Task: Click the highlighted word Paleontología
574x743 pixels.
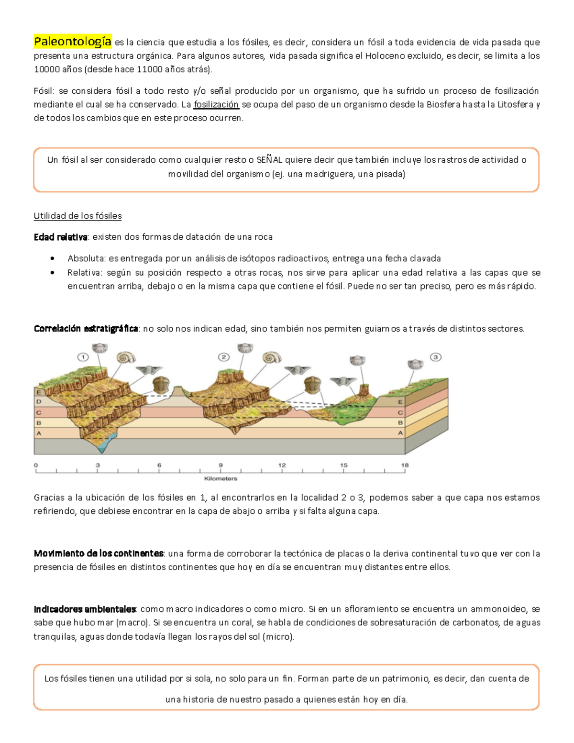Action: [x=73, y=42]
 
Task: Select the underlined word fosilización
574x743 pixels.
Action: [x=216, y=104]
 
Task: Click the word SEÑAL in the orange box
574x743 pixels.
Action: [x=269, y=160]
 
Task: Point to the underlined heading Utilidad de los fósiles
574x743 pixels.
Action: [x=77, y=216]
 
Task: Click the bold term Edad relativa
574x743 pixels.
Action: [x=61, y=237]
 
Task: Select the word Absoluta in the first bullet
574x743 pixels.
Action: [x=86, y=258]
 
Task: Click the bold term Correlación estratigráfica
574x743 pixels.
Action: [x=86, y=329]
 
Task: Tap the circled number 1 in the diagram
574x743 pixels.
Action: [x=83, y=357]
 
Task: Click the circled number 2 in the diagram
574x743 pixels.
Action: [x=223, y=357]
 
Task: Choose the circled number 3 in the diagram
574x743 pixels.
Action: [x=435, y=357]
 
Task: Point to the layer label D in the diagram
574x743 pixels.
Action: [x=39, y=402]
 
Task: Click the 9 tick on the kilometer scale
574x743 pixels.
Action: [x=221, y=465]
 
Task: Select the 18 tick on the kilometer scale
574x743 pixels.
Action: [x=405, y=465]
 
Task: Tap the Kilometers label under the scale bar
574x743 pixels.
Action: [x=221, y=478]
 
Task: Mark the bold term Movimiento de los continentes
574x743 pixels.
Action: [x=99, y=554]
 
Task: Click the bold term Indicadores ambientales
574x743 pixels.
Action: [x=85, y=609]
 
